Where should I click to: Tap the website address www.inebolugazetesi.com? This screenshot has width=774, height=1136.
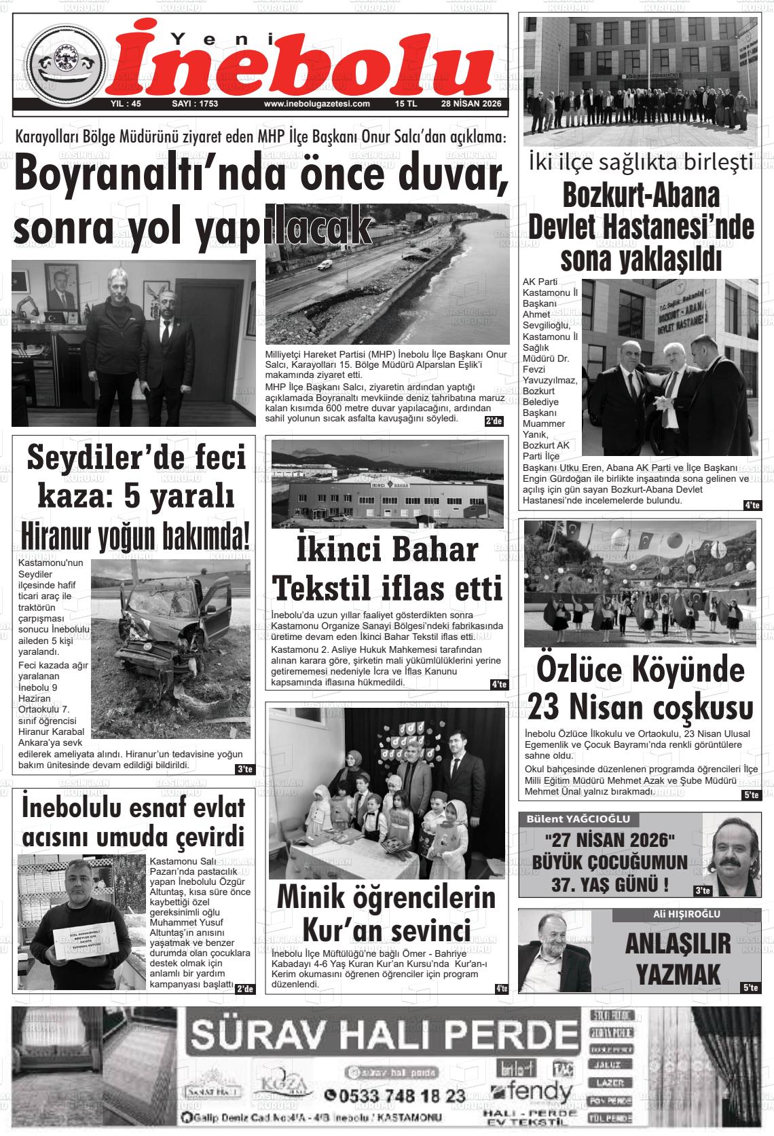(x=316, y=104)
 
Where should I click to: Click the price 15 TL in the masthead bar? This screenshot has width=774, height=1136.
(x=406, y=104)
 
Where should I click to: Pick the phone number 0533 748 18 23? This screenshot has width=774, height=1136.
(x=394, y=1095)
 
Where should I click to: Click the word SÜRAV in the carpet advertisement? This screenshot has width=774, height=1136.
(x=267, y=1035)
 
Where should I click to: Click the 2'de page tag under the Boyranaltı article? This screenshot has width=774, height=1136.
(x=494, y=421)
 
